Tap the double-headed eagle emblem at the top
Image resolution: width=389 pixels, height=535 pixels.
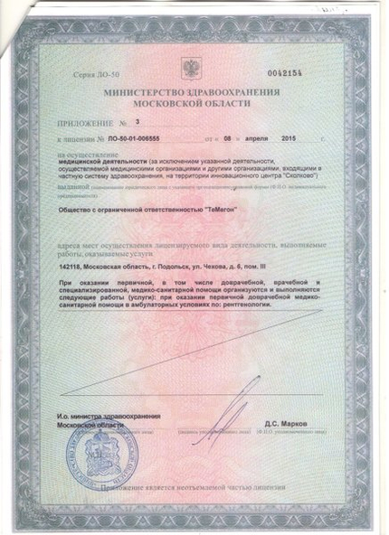pos(193,70)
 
